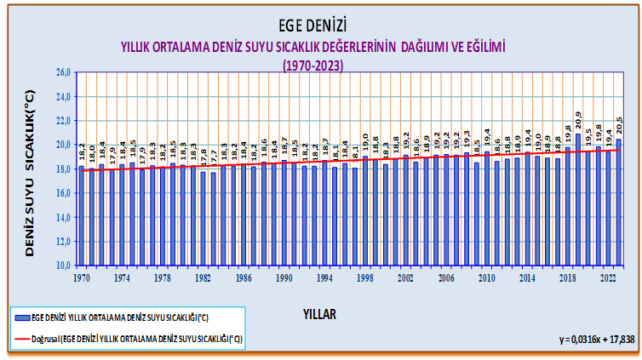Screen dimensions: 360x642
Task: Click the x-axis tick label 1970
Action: pos(82,277)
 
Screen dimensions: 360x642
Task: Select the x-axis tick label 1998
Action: pos(365,277)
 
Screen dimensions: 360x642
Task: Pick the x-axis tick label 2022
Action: pos(608,277)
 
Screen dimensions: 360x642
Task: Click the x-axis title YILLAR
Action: pos(319,314)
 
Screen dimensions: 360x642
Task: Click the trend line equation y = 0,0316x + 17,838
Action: pos(583,339)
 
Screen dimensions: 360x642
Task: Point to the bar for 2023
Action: pos(618,203)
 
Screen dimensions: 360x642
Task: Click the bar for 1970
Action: pos(82,216)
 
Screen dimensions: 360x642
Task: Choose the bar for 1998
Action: pos(365,211)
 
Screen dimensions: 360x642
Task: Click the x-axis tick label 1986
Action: pos(244,277)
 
